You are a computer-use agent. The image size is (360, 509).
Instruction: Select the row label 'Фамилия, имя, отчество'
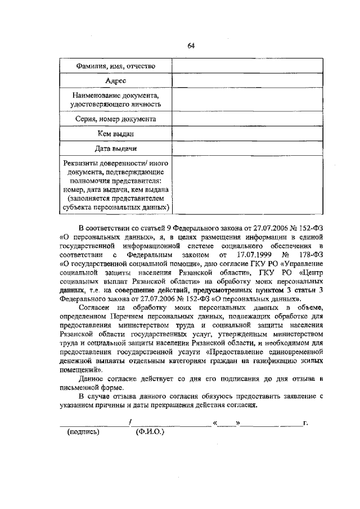click(115, 67)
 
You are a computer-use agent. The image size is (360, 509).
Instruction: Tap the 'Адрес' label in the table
click(115, 82)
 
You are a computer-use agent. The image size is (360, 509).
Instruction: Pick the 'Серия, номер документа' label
click(115, 119)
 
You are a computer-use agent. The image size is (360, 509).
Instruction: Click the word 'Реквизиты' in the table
click(85, 163)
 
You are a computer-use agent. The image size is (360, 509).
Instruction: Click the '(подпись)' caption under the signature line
click(83, 433)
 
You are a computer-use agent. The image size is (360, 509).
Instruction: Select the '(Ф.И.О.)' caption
click(149, 433)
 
